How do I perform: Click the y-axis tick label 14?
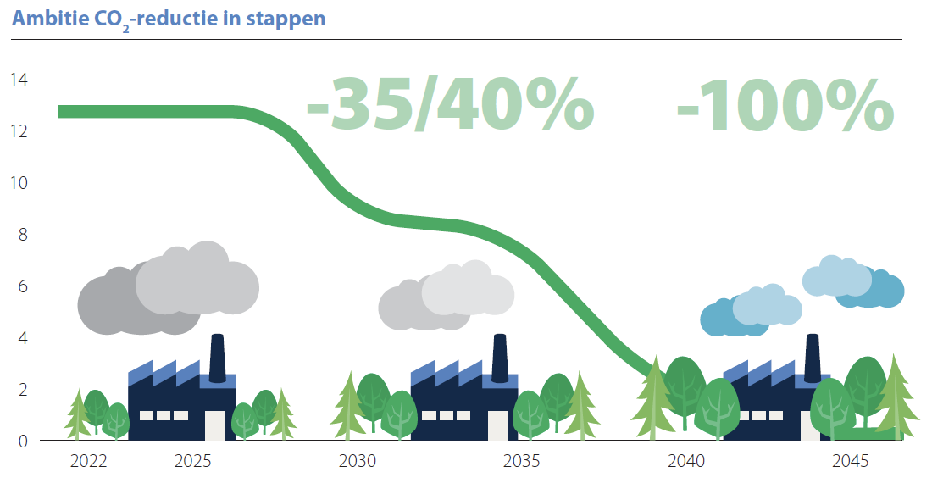click(x=19, y=80)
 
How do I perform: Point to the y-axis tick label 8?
click(x=23, y=235)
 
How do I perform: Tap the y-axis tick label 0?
click(x=23, y=441)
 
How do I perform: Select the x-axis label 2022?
click(x=88, y=463)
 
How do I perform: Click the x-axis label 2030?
click(x=357, y=463)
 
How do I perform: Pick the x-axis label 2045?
click(x=850, y=463)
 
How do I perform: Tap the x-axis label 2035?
click(x=521, y=463)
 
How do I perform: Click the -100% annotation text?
click(x=785, y=105)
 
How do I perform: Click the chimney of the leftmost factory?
click(x=217, y=353)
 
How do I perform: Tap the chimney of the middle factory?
click(x=500, y=353)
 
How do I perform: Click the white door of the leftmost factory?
click(x=215, y=425)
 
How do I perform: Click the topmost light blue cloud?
click(x=835, y=276)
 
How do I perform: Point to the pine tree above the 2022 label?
click(x=77, y=414)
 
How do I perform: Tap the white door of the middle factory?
click(x=497, y=425)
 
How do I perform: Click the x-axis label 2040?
click(x=685, y=463)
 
